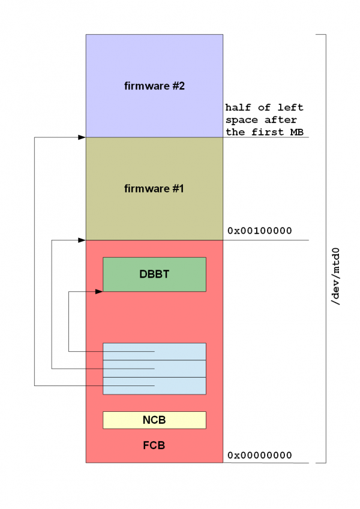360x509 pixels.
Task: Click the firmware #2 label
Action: (154, 86)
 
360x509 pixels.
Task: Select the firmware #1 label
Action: (154, 189)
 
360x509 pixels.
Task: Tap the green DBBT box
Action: (154, 274)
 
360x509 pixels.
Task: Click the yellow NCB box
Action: (154, 420)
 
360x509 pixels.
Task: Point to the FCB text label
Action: (154, 446)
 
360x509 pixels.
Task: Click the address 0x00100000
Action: (259, 230)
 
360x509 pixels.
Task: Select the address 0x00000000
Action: (259, 455)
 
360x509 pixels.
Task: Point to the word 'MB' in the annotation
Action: (297, 132)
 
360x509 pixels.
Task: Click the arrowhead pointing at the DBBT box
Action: (99, 291)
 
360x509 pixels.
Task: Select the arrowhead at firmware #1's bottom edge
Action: (82, 240)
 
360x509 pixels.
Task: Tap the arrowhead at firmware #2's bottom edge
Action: (82, 138)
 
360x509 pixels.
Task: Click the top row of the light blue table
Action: (154, 351)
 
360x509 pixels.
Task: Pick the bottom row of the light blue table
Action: (154, 385)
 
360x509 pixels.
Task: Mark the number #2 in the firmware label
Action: (178, 86)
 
